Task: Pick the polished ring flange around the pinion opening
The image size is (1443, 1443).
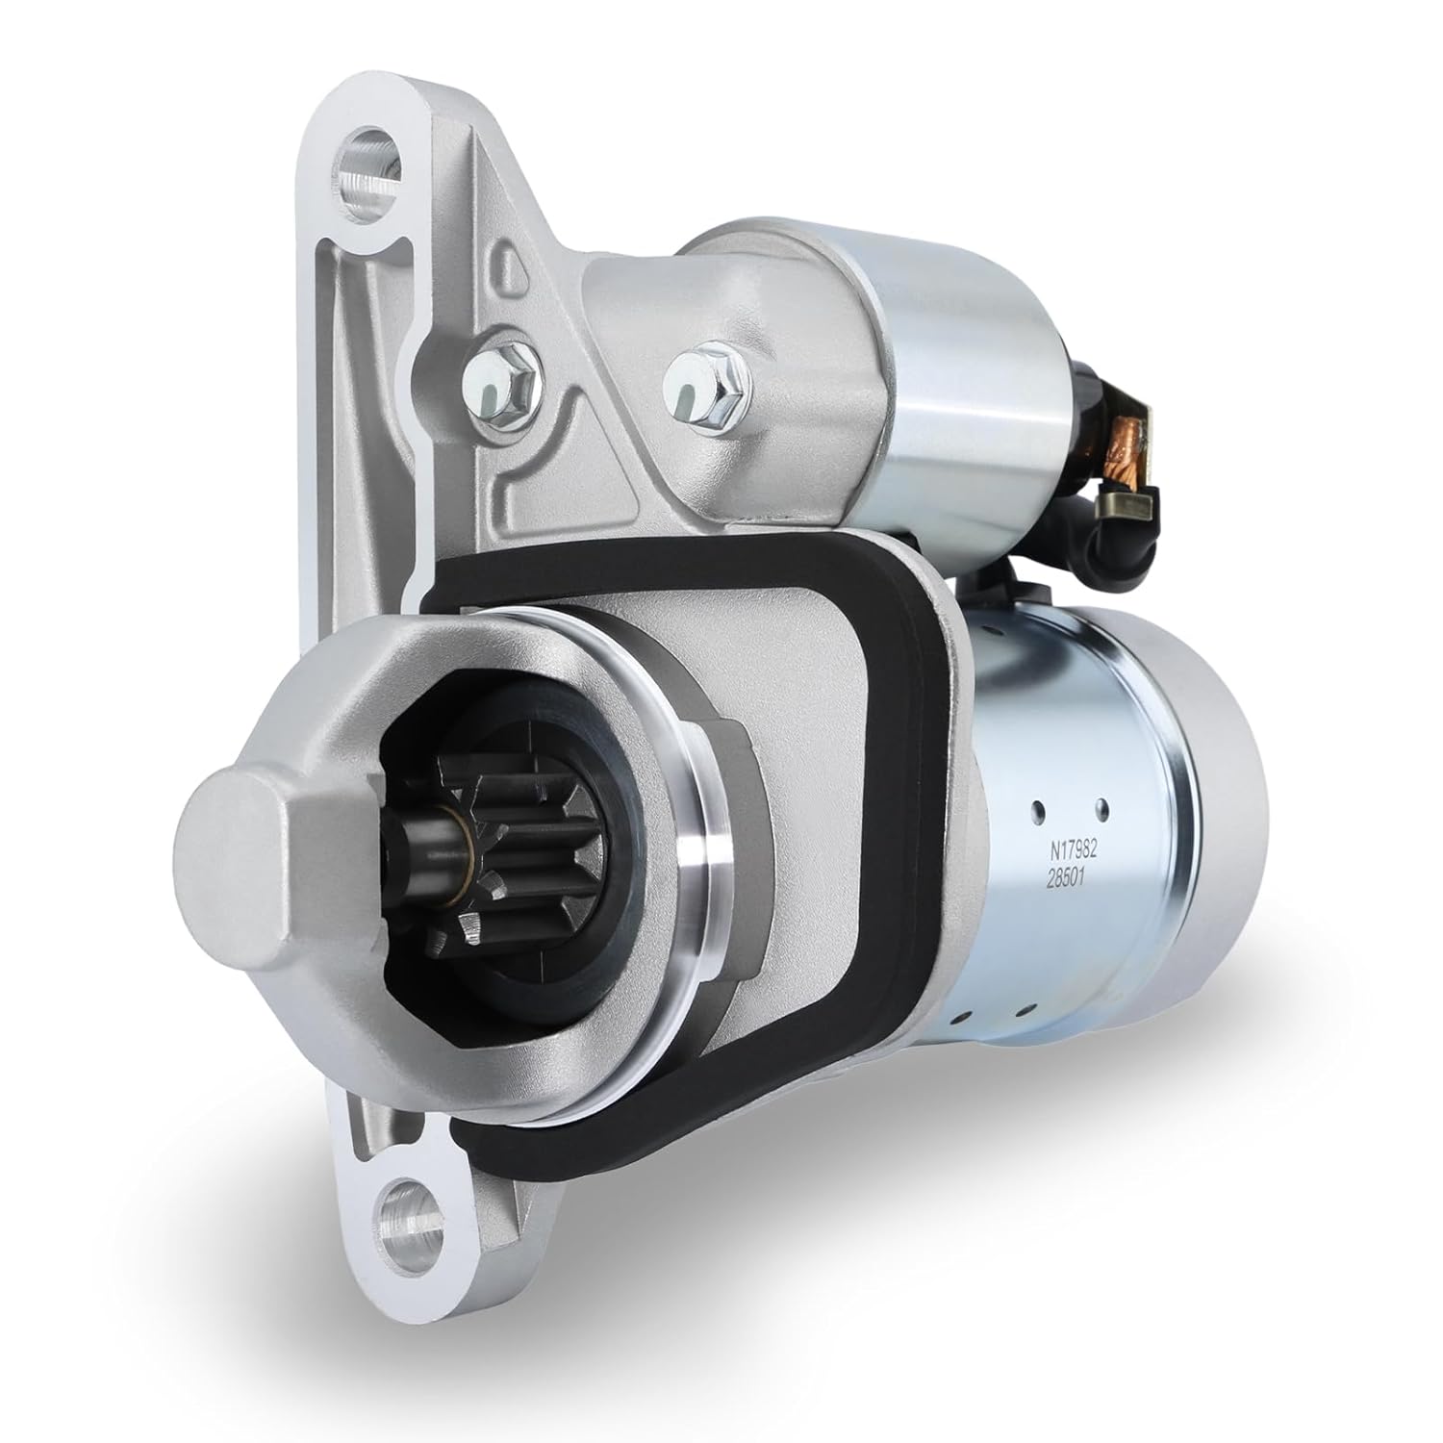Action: point(707,847)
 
